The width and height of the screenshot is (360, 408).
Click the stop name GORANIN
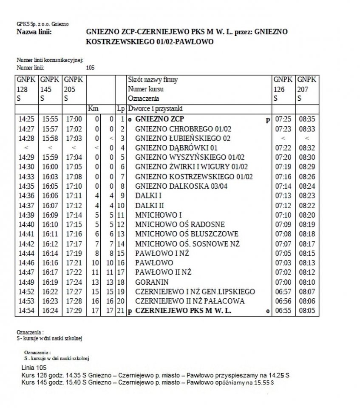pos(152,282)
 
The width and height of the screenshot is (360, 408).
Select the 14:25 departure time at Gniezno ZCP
pos(26,119)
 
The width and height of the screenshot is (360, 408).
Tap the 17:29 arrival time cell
pos(74,311)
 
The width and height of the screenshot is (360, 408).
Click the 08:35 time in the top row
pos(307,119)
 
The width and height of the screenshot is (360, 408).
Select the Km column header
pos(93,109)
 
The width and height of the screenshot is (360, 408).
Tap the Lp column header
pos(121,109)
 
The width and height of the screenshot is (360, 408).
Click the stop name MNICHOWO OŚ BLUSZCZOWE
pos(187,234)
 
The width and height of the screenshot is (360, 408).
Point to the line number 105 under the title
pos(90,67)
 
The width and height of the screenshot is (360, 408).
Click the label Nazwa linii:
pos(34,32)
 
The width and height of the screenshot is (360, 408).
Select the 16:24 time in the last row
pos(50,311)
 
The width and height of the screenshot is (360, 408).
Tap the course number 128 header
pos(22,89)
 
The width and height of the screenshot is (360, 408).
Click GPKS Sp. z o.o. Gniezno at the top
pos(43,24)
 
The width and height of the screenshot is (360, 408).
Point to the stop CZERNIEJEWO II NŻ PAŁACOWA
pos(190,301)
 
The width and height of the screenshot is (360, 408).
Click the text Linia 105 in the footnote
pos(34,367)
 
